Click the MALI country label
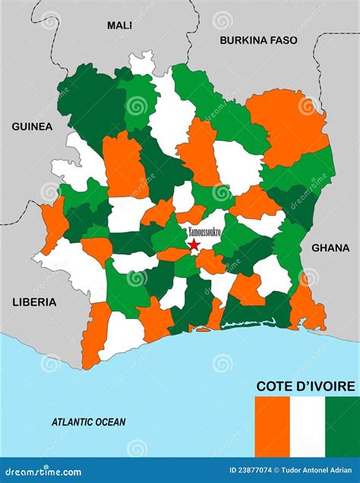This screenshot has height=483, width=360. (x=119, y=25)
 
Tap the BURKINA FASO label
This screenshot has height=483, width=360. (x=257, y=40)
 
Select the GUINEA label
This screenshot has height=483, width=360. (x=32, y=127)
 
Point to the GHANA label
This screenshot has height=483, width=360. (x=330, y=248)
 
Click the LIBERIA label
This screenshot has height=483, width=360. (x=34, y=301)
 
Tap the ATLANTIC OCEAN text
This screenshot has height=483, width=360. (x=89, y=421)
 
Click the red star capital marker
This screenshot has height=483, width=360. (x=194, y=245)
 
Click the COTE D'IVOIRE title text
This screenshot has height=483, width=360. (x=305, y=386)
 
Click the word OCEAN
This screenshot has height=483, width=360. (x=111, y=421)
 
